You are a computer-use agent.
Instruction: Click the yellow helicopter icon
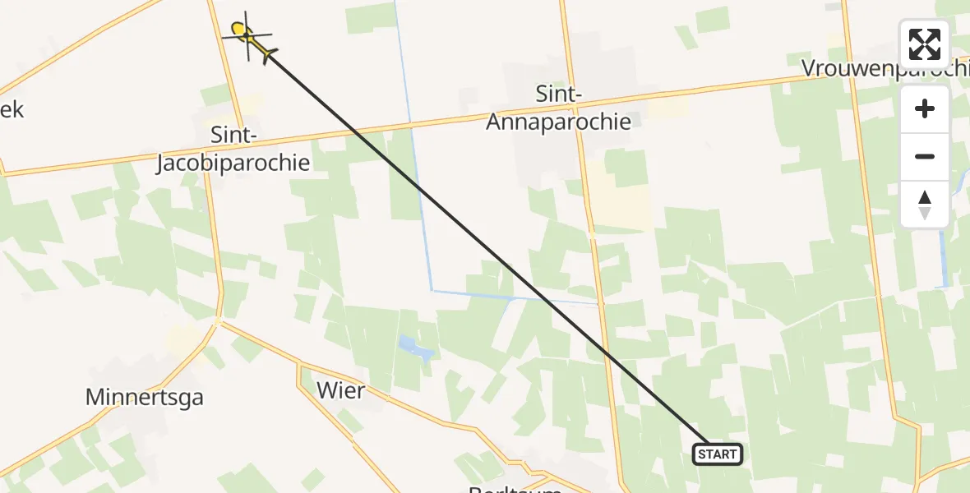[248, 39]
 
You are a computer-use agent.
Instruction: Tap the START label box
[718, 454]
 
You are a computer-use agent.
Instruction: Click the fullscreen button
[925, 44]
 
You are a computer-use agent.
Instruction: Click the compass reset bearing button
[925, 205]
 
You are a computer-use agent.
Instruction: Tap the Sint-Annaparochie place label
[559, 108]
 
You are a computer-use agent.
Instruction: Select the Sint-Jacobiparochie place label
[233, 149]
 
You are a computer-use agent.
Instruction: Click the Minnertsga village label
[145, 398]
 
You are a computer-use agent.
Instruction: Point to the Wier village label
[339, 390]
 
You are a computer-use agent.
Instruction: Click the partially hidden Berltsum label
[515, 488]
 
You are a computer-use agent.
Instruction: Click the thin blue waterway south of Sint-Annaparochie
[513, 297]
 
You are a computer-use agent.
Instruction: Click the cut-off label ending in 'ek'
[12, 109]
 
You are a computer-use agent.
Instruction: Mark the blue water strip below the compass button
[945, 255]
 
